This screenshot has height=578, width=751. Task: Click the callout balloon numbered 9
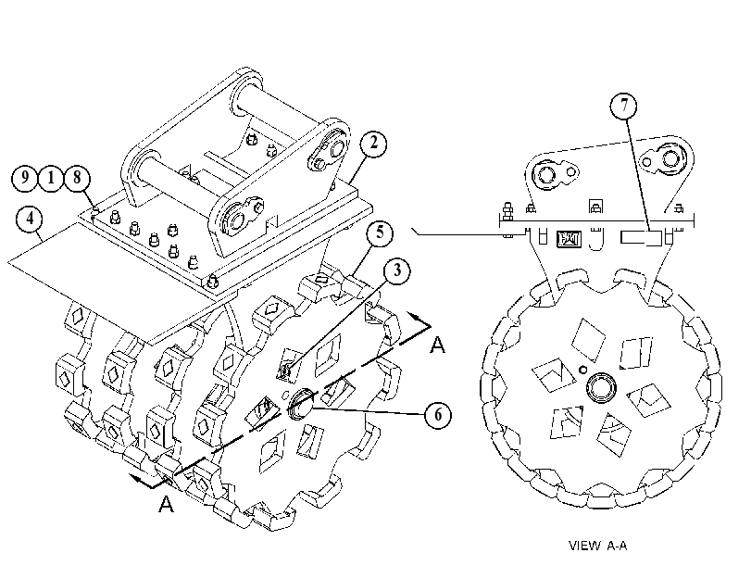point(24,178)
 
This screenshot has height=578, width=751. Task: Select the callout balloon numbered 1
point(51,178)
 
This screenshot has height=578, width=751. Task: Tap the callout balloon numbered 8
point(77,178)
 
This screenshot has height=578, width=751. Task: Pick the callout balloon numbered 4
point(30,219)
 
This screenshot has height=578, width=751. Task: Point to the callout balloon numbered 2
point(373,143)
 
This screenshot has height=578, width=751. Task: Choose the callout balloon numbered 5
point(380,233)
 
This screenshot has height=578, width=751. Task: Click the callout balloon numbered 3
point(397,271)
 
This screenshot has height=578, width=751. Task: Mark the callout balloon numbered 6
point(438,415)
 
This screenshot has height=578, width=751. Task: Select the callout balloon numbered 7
point(623,106)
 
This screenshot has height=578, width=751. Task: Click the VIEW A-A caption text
point(597,546)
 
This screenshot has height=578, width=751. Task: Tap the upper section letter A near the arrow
point(437,346)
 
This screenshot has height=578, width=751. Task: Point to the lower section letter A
point(166,504)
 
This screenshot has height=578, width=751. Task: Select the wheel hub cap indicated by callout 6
point(300,402)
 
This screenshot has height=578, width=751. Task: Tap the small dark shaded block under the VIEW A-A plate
point(569,239)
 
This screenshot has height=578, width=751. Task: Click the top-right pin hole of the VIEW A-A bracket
point(669,157)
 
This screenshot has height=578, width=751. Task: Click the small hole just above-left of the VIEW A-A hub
point(582,369)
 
